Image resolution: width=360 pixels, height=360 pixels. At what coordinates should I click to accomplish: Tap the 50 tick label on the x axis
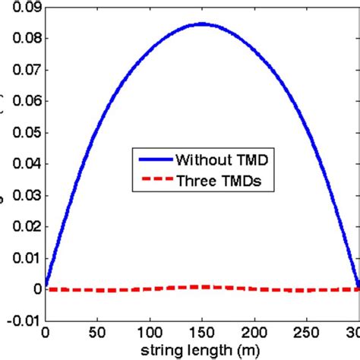pyautogui.click(x=97, y=333)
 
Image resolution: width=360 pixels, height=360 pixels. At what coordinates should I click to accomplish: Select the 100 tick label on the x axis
pyautogui.click(x=150, y=333)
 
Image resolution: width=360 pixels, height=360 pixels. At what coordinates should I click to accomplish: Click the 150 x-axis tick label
pyautogui.click(x=202, y=333)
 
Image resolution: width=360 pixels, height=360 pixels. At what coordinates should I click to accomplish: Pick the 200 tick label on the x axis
pyautogui.click(x=254, y=333)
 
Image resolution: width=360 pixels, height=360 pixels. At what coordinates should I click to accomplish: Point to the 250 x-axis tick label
pyautogui.click(x=307, y=333)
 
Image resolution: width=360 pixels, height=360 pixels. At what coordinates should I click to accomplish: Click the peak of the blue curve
pyautogui.click(x=202, y=24)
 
